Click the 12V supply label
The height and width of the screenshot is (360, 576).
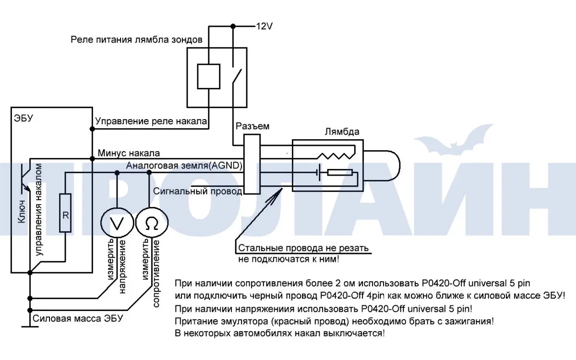click(x=264, y=26)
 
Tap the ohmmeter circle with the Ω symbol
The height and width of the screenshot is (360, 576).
click(x=150, y=223)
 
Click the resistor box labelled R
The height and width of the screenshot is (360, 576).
click(x=65, y=213)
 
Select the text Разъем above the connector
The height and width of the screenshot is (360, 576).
click(x=252, y=127)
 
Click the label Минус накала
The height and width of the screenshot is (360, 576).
click(x=129, y=153)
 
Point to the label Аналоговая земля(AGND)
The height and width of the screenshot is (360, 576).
click(x=184, y=166)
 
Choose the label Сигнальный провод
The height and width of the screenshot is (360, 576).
click(x=198, y=191)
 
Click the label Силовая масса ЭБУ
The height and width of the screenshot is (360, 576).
click(x=78, y=319)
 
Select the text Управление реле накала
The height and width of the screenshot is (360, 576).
click(x=151, y=121)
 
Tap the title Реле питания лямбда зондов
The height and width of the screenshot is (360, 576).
click(x=136, y=39)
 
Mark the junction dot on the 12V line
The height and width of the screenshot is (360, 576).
click(x=233, y=26)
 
